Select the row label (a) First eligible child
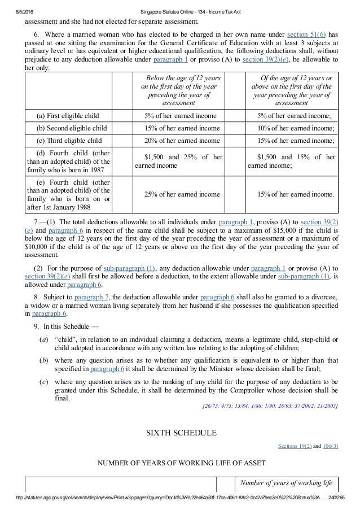click(x=67, y=116)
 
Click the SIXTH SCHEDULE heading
click(x=181, y=433)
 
